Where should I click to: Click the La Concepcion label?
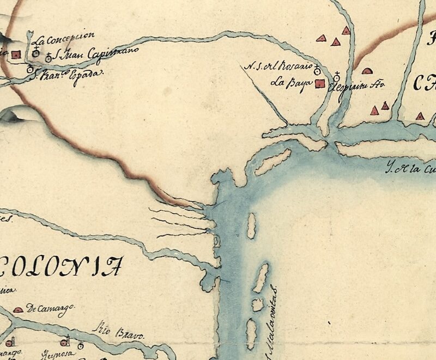tap(64, 39)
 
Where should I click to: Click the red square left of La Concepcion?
tap(16, 54)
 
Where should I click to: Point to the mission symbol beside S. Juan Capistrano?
tap(49, 56)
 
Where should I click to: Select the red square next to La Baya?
tap(321, 83)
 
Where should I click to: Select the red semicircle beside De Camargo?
tap(18, 309)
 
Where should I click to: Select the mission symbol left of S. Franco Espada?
tap(30, 69)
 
